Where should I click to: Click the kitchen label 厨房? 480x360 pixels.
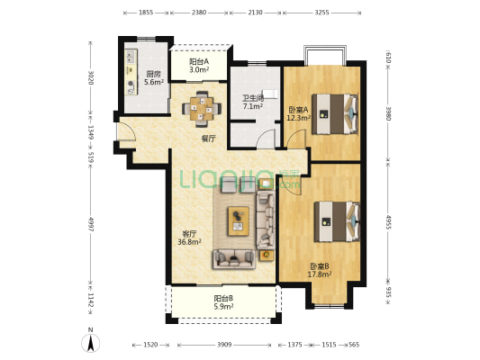point(153,74)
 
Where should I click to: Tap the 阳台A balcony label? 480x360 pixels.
point(199,61)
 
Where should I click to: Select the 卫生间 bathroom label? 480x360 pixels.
point(253,98)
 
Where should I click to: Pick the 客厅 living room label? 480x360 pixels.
point(189,234)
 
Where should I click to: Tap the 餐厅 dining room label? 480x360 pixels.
point(208,139)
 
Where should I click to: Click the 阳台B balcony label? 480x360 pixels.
point(223,298)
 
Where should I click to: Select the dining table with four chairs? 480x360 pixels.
point(202,109)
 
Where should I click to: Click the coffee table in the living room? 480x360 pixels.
point(238,221)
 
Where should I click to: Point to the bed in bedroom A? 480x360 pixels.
point(335,114)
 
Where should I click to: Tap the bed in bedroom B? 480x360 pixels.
point(337,221)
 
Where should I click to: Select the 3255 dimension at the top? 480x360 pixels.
point(322,13)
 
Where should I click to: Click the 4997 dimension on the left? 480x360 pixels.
point(90,224)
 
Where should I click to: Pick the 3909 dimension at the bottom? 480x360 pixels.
point(224,345)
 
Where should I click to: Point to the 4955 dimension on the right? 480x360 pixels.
point(388,222)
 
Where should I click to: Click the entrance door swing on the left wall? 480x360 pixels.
point(126,131)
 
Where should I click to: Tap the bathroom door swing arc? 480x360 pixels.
point(265,139)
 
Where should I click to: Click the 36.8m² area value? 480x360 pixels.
point(189,242)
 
